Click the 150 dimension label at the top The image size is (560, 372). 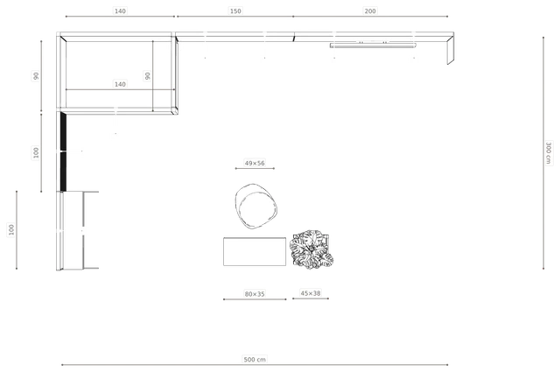[x=235, y=11]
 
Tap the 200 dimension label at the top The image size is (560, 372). [x=370, y=11]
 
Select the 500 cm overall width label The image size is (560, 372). [x=255, y=359]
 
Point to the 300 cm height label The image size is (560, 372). [x=549, y=153]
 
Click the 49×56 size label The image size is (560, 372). [x=255, y=163]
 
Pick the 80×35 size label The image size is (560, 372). [x=255, y=294]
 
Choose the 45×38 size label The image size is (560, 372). [x=311, y=293]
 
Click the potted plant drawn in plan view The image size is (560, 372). [x=311, y=249]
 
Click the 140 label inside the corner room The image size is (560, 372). [x=120, y=84]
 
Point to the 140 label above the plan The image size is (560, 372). [x=120, y=11]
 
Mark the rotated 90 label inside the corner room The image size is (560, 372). [x=147, y=76]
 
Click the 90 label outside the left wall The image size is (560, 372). [x=36, y=76]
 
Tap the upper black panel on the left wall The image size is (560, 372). [x=63, y=131]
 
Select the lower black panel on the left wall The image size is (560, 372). [x=63, y=172]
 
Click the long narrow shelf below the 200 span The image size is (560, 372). [x=373, y=46]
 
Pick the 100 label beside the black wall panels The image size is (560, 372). [x=36, y=152]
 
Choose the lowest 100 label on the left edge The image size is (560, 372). [x=11, y=229]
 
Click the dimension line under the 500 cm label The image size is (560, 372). [x=255, y=365]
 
